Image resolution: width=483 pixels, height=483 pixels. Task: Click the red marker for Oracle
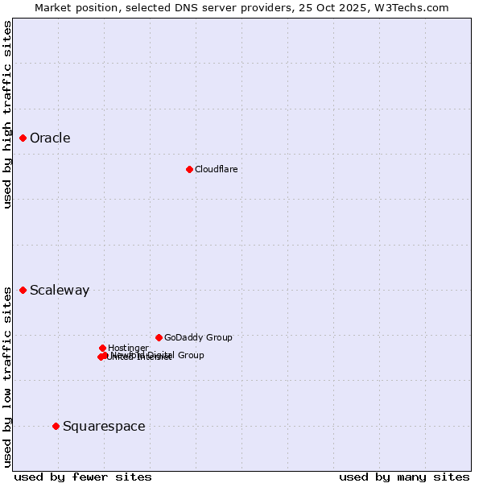(23, 138)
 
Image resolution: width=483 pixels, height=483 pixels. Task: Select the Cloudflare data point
(189, 169)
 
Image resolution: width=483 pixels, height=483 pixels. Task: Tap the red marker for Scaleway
(23, 290)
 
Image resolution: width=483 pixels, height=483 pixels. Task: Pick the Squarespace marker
(56, 426)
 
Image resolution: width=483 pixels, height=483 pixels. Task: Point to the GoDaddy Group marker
(159, 337)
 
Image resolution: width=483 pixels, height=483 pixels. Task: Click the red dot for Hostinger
(102, 348)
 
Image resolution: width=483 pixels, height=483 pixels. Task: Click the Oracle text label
(50, 138)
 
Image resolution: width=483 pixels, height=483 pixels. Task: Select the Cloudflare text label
(216, 169)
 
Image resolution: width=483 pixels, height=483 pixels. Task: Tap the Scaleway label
(60, 291)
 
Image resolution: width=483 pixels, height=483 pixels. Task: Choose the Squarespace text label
(104, 427)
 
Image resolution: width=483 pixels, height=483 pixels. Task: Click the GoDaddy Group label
(198, 338)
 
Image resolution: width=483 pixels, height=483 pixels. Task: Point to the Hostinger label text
(128, 348)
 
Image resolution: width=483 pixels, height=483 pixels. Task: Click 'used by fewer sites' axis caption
(83, 477)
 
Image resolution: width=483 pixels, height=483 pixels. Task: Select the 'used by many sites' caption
(404, 477)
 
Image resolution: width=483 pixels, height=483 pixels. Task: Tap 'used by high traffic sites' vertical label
(7, 114)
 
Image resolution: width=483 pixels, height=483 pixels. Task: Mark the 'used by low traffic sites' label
(7, 377)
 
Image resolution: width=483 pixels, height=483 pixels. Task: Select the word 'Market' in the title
(52, 7)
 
